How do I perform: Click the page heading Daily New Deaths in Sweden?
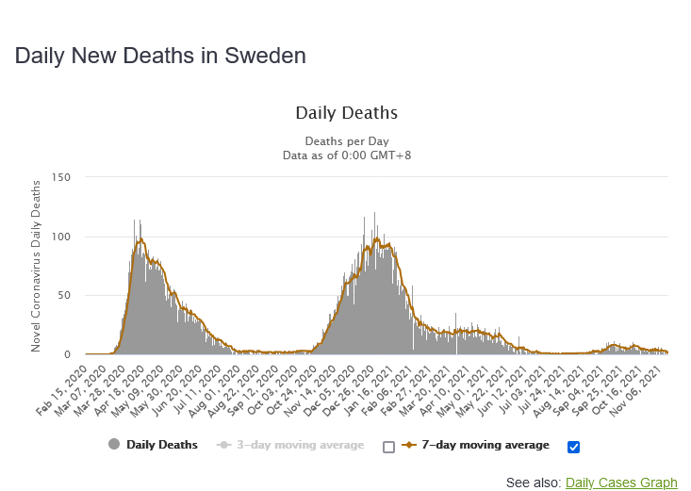(x=160, y=56)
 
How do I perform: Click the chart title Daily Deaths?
(x=346, y=113)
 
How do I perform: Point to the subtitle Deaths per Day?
(x=346, y=140)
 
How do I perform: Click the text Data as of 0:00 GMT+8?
(x=346, y=155)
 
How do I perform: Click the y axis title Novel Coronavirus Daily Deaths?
(x=37, y=266)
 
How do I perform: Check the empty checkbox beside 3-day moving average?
(x=388, y=446)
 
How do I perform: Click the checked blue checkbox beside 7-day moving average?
(x=574, y=446)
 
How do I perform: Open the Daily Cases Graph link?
(x=621, y=483)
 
